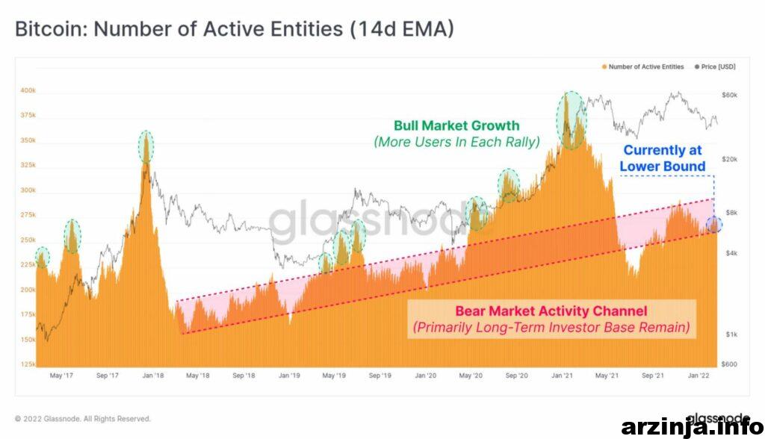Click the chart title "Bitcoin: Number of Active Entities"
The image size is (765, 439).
[x=179, y=29]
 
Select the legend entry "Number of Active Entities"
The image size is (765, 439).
[x=643, y=67]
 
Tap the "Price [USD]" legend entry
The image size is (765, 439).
[x=715, y=67]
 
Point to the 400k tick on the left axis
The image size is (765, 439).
[x=28, y=90]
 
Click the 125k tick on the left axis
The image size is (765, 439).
[x=28, y=364]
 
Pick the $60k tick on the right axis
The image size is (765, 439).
[x=729, y=95]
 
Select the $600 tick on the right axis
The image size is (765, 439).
[x=729, y=364]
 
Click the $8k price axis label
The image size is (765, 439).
[x=731, y=213]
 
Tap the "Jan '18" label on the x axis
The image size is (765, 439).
[x=153, y=376]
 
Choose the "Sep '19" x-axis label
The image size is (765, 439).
[x=380, y=376]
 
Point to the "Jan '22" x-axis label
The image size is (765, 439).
[x=699, y=376]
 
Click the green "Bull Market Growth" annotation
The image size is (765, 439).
[x=456, y=126]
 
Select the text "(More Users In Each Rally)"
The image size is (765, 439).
[x=456, y=142]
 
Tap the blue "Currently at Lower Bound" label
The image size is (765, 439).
[x=663, y=158]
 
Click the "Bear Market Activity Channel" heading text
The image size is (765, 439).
[x=551, y=311]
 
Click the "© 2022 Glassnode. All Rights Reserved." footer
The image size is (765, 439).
[x=83, y=419]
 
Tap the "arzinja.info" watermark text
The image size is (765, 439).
[x=693, y=428]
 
